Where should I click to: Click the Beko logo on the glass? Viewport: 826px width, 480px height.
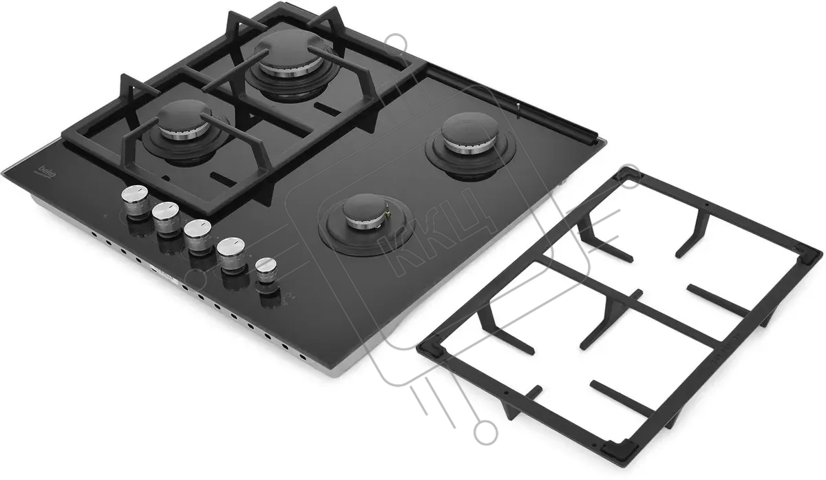click(x=47, y=171)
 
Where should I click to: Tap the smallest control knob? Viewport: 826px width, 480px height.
click(x=266, y=271)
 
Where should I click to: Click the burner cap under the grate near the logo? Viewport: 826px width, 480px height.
click(x=185, y=121)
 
